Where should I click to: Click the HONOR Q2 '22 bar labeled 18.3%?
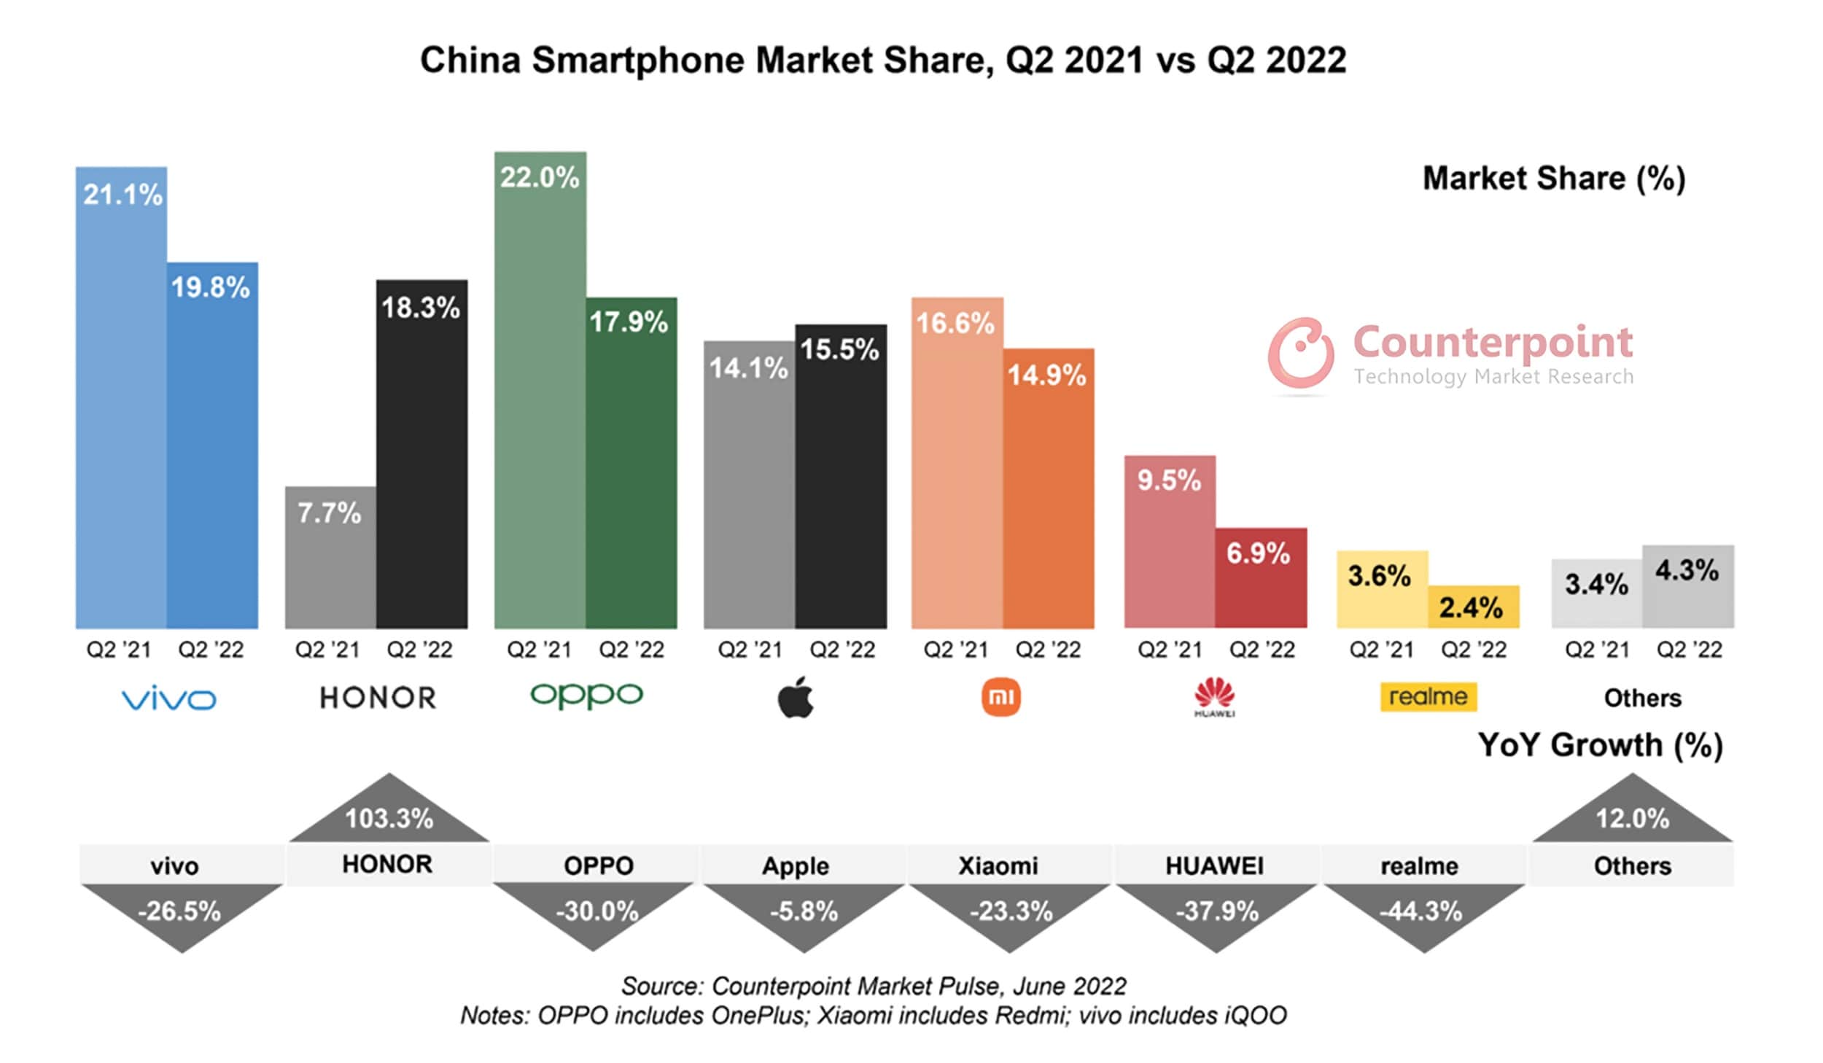point(421,467)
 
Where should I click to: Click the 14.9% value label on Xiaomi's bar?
point(1046,375)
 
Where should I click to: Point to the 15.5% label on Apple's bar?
point(839,349)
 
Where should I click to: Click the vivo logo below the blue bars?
point(168,699)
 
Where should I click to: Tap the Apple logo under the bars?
point(796,697)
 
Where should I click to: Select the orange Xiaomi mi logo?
point(1000,697)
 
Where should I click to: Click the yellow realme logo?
point(1428,696)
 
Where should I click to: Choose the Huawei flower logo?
point(1214,696)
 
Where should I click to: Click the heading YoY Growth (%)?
point(1600,745)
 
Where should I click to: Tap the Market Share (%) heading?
point(1554,179)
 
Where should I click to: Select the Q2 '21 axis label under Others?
point(1597,649)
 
